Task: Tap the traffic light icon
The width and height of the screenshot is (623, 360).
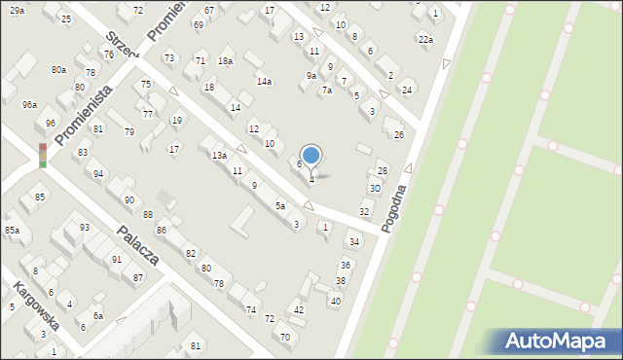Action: (x=43, y=156)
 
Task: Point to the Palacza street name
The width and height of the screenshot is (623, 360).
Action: (x=137, y=245)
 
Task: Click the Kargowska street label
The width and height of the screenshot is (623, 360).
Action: (x=36, y=306)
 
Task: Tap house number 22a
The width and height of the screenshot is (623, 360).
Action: (x=424, y=39)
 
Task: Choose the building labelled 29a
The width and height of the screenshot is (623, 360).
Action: (x=18, y=10)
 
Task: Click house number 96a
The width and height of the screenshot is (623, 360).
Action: (x=29, y=104)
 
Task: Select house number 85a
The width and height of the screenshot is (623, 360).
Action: (x=12, y=230)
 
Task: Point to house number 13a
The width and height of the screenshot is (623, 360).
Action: (x=220, y=156)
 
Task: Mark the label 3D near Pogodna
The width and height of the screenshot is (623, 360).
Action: (x=375, y=188)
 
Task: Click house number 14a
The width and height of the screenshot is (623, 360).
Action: (x=264, y=82)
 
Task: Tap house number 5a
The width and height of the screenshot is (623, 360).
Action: (x=279, y=206)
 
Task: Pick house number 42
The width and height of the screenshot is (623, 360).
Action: (x=299, y=309)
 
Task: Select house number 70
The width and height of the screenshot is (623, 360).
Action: (x=285, y=337)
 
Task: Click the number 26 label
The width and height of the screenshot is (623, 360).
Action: (x=398, y=134)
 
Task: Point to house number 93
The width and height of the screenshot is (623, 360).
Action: (x=85, y=227)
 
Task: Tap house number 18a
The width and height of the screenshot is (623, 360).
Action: (x=225, y=61)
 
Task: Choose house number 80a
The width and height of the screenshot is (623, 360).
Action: (x=59, y=70)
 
